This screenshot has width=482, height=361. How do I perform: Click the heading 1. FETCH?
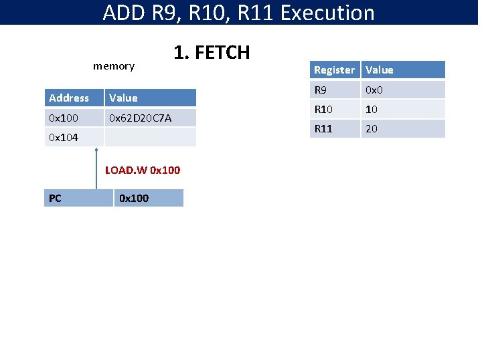click(211, 52)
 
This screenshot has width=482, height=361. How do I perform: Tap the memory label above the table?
click(114, 66)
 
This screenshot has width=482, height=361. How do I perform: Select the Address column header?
click(69, 98)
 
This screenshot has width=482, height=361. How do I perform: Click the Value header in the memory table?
click(123, 98)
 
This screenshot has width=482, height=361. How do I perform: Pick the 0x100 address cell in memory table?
click(64, 118)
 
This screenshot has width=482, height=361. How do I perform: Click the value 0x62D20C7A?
click(140, 118)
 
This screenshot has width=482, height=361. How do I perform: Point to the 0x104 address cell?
click(64, 138)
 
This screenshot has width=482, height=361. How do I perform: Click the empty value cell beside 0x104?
click(150, 138)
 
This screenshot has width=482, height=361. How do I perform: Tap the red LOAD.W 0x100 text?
click(143, 170)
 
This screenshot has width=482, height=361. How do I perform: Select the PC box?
click(78, 198)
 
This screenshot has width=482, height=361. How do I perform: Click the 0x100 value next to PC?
click(133, 198)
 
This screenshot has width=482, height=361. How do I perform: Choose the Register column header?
click(334, 70)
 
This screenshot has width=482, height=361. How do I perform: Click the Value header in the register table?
click(380, 70)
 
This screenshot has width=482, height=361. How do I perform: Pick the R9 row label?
click(322, 90)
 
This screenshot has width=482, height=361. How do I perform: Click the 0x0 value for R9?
click(373, 90)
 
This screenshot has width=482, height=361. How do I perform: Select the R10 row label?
click(323, 109)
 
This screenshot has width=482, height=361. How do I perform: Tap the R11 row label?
click(323, 129)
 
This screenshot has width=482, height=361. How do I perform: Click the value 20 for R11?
click(372, 129)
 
